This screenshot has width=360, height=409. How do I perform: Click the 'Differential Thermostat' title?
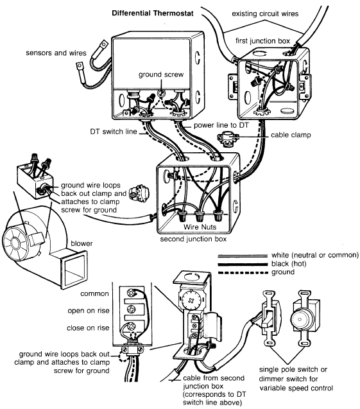point(153,13)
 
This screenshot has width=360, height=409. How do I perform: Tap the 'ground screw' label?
point(161,74)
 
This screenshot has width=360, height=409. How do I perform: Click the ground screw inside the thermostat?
point(162,93)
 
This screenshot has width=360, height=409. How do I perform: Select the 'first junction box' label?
point(262,41)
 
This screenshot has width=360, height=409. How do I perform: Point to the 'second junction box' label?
point(193,239)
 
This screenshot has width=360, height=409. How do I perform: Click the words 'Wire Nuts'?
point(200,227)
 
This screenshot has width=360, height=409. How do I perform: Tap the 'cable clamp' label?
point(291,135)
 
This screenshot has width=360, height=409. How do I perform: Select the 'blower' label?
point(81,243)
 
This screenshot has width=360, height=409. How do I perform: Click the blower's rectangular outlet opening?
point(74,270)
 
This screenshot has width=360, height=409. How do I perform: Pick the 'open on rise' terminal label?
point(89,311)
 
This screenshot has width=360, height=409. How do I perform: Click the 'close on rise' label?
point(88,328)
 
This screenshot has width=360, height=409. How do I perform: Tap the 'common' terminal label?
point(94,293)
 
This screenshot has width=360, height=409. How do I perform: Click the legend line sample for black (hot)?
point(243,265)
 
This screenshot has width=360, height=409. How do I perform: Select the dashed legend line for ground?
point(243,273)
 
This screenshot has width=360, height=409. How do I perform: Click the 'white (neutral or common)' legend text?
point(315,255)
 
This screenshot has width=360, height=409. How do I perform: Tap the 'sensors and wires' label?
point(56,53)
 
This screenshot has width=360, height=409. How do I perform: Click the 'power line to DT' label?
point(221,125)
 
